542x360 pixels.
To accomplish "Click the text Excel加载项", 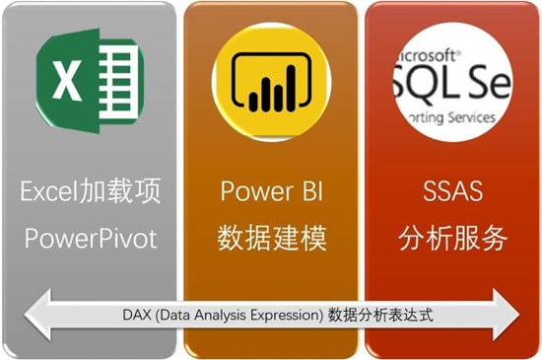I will coord(87,191).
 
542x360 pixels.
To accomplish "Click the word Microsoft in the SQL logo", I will coord(425,52).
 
